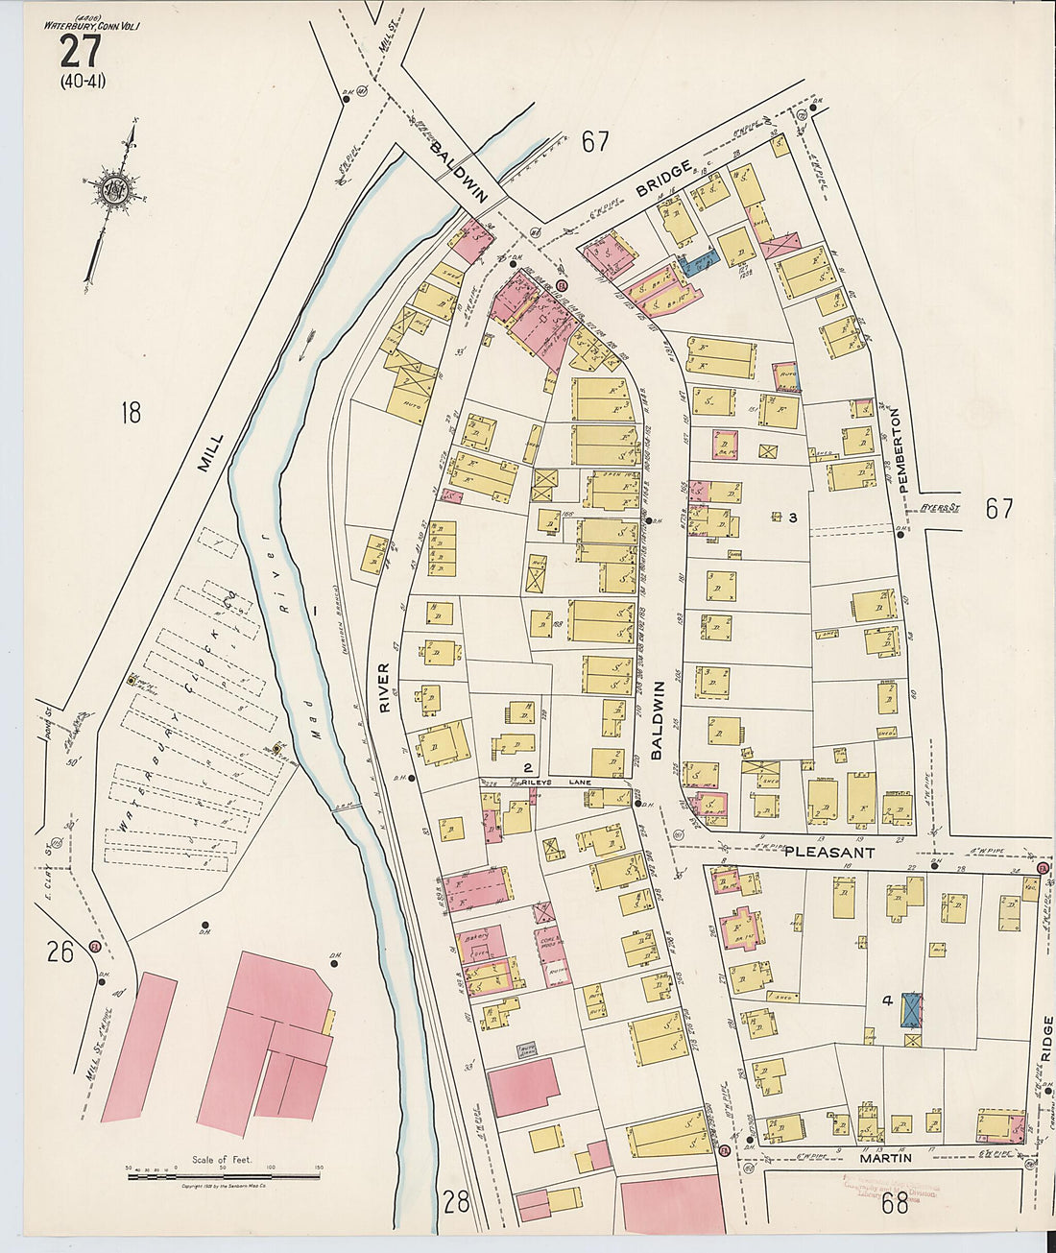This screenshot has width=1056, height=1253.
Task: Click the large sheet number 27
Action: pyautogui.click(x=80, y=51)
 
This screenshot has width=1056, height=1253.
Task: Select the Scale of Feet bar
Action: pyautogui.click(x=224, y=1172)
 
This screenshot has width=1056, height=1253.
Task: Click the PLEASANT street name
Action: pyautogui.click(x=829, y=852)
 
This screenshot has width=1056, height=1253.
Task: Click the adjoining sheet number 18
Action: pyautogui.click(x=131, y=413)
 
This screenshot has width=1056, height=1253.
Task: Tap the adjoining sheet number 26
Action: pyautogui.click(x=60, y=952)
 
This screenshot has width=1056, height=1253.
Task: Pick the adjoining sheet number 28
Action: pyautogui.click(x=458, y=1200)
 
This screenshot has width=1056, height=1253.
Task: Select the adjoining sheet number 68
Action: pyautogui.click(x=894, y=1203)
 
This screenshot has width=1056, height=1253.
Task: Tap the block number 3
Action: pyautogui.click(x=793, y=518)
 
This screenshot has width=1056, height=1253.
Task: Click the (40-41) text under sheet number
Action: pyautogui.click(x=82, y=81)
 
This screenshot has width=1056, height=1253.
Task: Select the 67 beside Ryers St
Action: pyautogui.click(x=998, y=508)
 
